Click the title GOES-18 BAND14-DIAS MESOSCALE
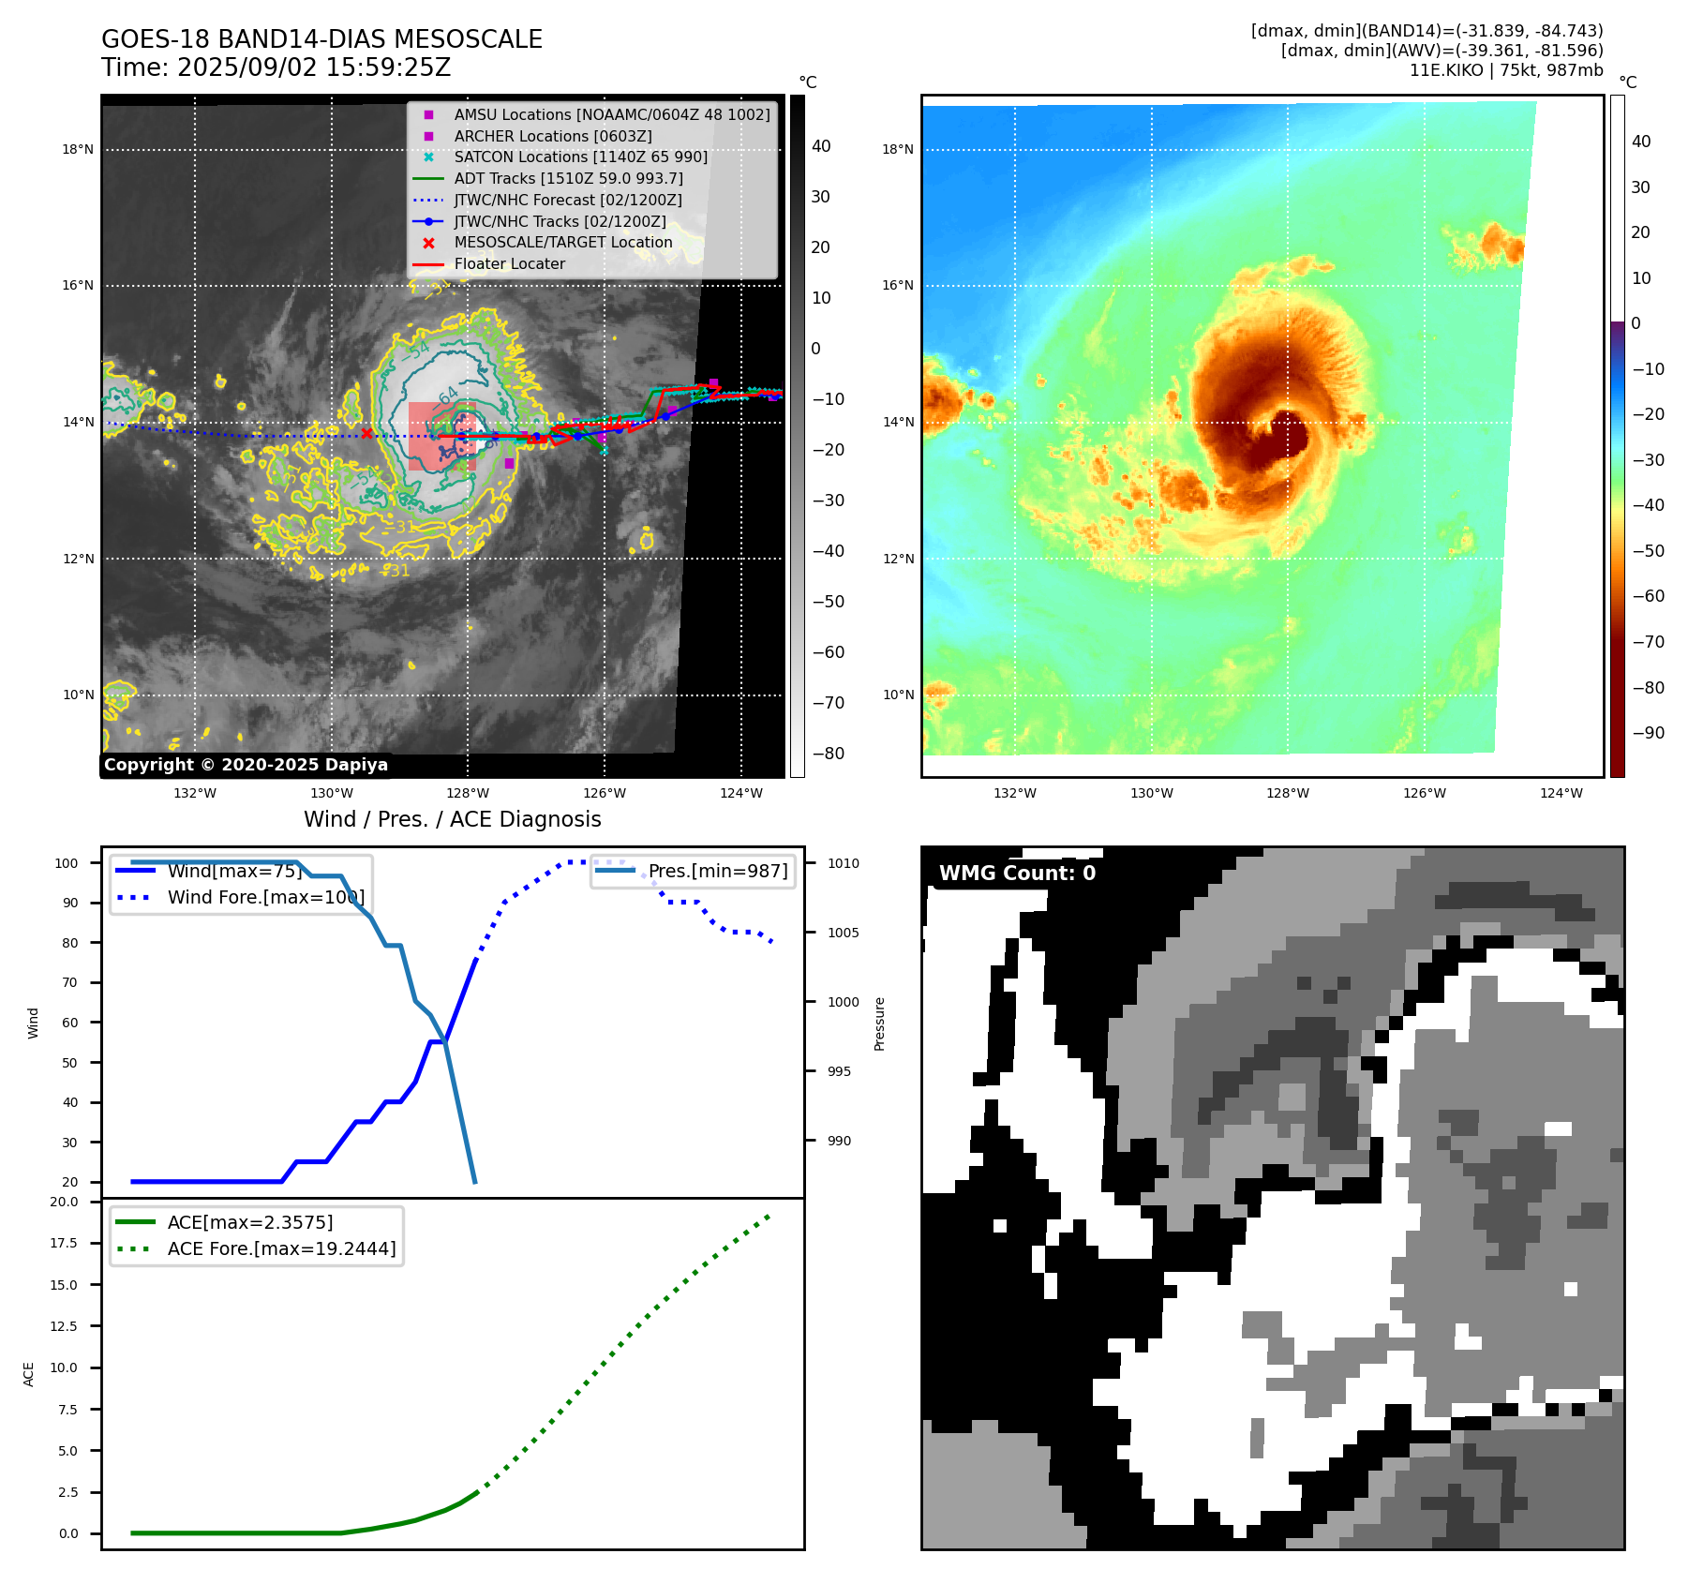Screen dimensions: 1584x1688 tap(321, 39)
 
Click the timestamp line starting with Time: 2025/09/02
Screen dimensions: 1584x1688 tap(276, 67)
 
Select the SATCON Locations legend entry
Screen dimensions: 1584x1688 tap(580, 157)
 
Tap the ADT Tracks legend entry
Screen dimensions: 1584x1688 tap(568, 178)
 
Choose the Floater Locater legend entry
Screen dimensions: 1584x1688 tap(509, 264)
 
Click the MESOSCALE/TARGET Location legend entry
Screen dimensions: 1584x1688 tap(562, 242)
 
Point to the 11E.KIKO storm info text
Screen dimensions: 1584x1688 tap(1505, 70)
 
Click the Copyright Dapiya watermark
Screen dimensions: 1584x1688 tap(246, 765)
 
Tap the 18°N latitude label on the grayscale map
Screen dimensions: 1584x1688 tap(78, 149)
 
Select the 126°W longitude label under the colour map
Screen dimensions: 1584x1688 tap(1424, 793)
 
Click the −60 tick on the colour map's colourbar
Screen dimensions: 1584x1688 tap(1648, 596)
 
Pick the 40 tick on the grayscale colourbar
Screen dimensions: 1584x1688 tap(821, 146)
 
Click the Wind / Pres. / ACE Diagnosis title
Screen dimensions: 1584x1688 tap(452, 819)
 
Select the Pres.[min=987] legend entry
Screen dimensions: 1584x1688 tap(717, 871)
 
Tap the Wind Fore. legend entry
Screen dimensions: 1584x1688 tap(264, 897)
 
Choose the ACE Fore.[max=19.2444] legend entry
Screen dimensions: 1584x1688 tap(281, 1248)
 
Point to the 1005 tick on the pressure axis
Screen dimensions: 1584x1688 tap(843, 933)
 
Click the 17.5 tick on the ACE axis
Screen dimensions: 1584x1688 tap(65, 1243)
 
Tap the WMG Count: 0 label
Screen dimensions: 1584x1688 tap(1017, 874)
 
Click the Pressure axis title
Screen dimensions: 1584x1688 tap(879, 1024)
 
